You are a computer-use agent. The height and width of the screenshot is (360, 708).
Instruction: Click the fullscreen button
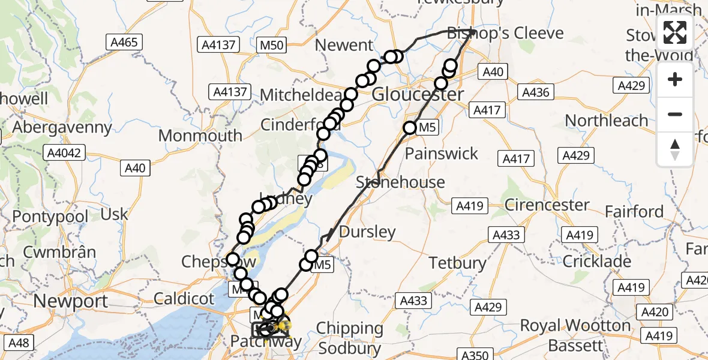(675, 32)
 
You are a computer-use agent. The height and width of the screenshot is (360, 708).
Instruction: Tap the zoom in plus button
(675, 80)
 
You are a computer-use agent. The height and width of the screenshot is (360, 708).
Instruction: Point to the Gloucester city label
(418, 95)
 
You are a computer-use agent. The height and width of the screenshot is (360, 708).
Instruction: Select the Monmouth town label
(200, 136)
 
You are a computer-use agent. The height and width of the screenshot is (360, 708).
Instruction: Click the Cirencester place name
(547, 205)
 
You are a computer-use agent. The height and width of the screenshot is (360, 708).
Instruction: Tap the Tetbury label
(457, 262)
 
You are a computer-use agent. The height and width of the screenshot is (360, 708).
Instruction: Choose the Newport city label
(71, 301)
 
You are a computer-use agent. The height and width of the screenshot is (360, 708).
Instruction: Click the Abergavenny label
(62, 127)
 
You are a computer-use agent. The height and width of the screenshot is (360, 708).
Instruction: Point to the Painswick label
(442, 154)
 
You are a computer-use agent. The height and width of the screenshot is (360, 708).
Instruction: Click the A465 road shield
(124, 42)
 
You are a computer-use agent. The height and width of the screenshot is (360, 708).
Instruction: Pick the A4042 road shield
(65, 153)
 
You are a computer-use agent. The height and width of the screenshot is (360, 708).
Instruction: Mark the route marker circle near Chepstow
(233, 260)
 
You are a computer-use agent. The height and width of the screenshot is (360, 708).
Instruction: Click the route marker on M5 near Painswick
(410, 128)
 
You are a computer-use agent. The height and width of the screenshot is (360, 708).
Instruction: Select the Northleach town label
(607, 121)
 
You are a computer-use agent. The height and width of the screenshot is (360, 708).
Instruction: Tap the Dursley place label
(367, 232)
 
